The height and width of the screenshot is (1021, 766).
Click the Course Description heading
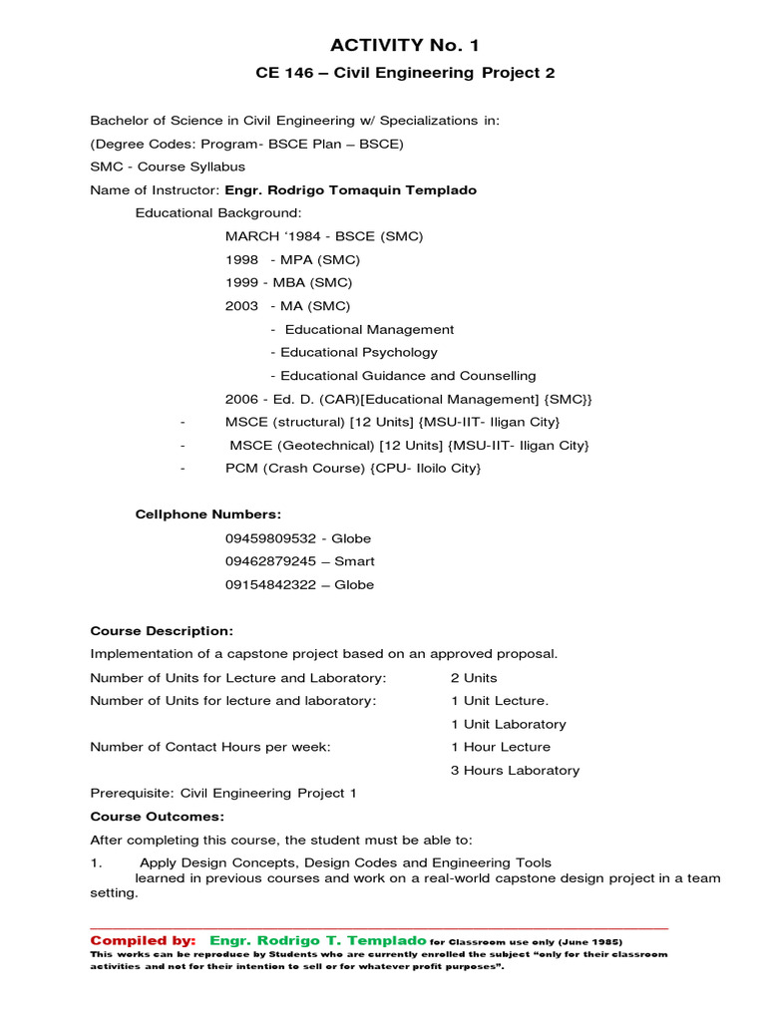point(162,631)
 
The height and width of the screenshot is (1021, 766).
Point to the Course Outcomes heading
point(158,816)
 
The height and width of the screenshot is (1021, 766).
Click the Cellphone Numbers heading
point(208,514)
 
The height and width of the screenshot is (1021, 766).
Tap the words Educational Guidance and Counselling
point(408,376)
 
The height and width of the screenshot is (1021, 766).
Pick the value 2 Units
point(474,678)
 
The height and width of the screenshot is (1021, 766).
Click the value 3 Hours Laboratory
point(515,770)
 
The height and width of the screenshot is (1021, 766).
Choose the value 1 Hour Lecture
point(500,747)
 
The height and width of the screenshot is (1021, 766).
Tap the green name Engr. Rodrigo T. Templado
point(318,940)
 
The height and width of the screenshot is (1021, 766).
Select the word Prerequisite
point(132,794)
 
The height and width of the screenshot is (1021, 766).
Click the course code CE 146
point(288,73)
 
